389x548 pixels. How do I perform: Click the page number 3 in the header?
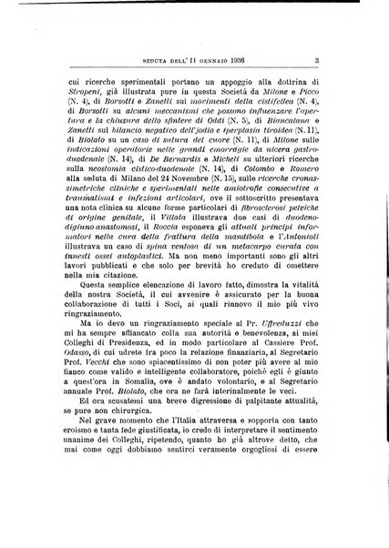339,36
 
